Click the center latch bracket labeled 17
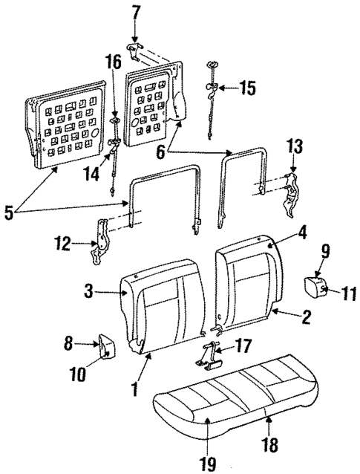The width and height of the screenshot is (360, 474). point(211,356)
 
